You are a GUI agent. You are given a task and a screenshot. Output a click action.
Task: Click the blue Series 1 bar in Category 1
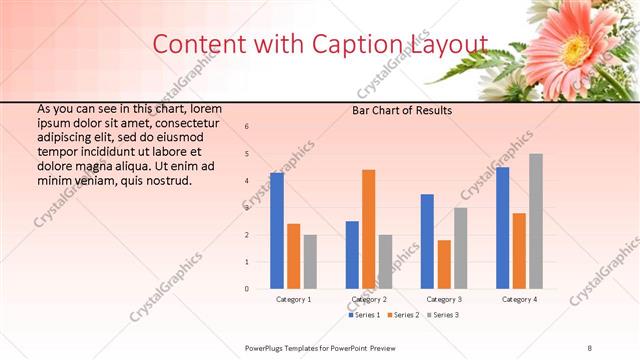coord(277,230)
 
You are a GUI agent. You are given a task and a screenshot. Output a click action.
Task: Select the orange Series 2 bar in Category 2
coord(368,229)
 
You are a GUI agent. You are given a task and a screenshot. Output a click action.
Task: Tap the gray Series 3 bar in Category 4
coord(536,221)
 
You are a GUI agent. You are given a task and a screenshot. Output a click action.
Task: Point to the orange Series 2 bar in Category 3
coord(444,264)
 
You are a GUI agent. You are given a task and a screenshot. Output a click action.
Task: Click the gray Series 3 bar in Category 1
coord(310,261)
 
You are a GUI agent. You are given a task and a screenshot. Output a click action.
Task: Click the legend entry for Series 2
coord(402,315)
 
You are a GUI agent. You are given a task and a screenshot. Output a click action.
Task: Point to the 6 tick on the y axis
coord(247,127)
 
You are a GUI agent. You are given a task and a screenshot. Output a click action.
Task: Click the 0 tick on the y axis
coord(247,289)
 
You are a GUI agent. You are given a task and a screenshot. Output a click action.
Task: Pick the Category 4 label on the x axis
coord(519,299)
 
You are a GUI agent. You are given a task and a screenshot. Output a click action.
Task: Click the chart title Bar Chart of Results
coord(402,110)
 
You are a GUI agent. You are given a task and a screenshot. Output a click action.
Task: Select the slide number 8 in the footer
coord(590,347)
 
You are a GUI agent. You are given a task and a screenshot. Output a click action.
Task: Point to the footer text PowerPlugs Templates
coord(285,347)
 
